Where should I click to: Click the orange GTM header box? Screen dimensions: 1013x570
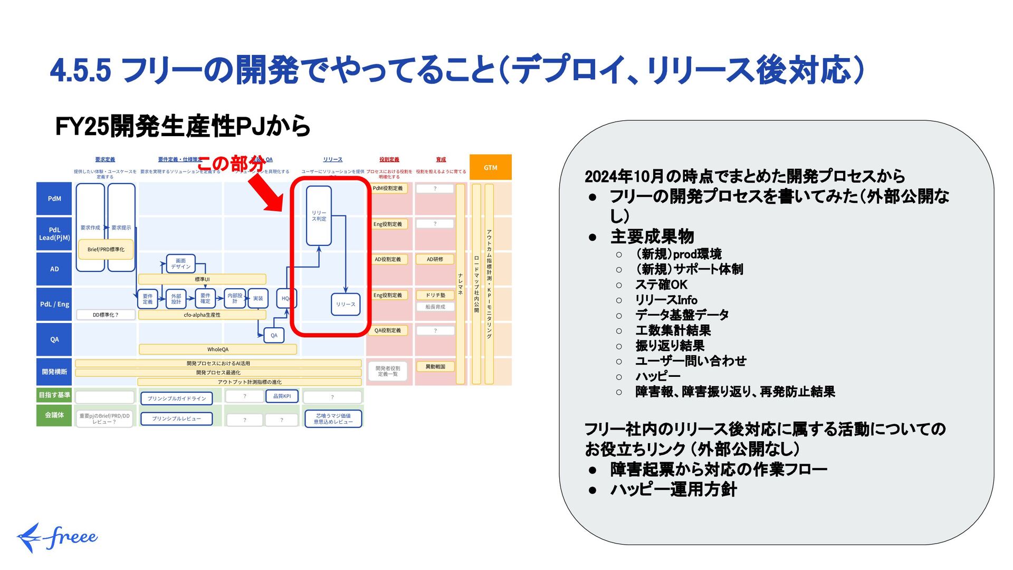[490, 167]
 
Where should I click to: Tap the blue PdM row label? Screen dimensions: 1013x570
[54, 198]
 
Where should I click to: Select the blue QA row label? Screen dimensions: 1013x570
[54, 339]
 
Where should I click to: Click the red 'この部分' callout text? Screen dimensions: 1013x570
[230, 164]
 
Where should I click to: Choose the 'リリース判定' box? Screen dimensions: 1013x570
[319, 216]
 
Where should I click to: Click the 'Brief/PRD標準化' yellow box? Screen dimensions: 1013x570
[106, 250]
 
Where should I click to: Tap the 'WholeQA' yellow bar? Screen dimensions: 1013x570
[217, 349]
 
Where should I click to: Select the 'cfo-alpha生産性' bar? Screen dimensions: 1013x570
[202, 315]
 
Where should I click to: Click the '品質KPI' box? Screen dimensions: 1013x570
[282, 396]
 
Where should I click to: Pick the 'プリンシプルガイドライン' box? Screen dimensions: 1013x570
[177, 398]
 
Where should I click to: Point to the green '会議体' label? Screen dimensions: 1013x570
[54, 415]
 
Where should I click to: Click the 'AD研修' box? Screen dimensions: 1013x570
[435, 259]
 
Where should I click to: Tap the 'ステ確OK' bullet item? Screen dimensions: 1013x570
[661, 285]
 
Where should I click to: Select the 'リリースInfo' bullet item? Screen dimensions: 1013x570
[666, 300]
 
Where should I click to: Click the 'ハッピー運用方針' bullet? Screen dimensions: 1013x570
[673, 490]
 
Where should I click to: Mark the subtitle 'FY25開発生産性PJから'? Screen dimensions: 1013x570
[183, 126]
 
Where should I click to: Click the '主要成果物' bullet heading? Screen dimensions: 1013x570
[652, 236]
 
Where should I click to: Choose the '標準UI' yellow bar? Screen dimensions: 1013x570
[202, 279]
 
